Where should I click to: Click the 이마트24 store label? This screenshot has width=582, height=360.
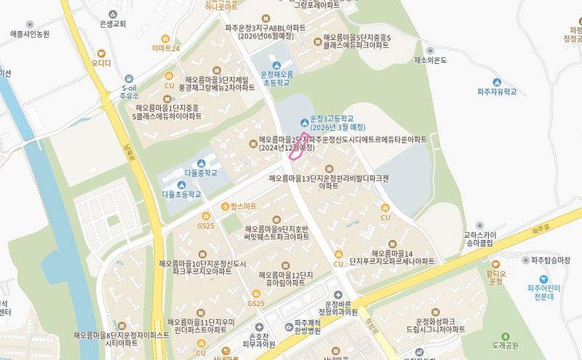pos(166,48)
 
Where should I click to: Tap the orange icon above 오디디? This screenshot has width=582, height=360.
pos(101,52)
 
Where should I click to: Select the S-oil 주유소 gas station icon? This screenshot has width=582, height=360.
pos(129,78)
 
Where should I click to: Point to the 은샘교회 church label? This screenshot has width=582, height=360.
pos(113,24)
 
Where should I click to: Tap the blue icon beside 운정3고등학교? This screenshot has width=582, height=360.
pos(303,119)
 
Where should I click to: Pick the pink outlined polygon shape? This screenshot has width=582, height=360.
pos(297,146)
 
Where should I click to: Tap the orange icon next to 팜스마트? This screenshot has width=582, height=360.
pos(226,207)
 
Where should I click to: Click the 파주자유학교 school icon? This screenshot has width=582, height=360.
pos(497,81)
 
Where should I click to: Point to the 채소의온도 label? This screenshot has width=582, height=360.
pos(429,60)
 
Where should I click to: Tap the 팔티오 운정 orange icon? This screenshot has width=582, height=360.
pos(495,263)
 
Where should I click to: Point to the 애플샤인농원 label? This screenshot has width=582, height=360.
pos(30,34)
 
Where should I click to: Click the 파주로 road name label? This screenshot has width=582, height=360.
pos(539,229)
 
